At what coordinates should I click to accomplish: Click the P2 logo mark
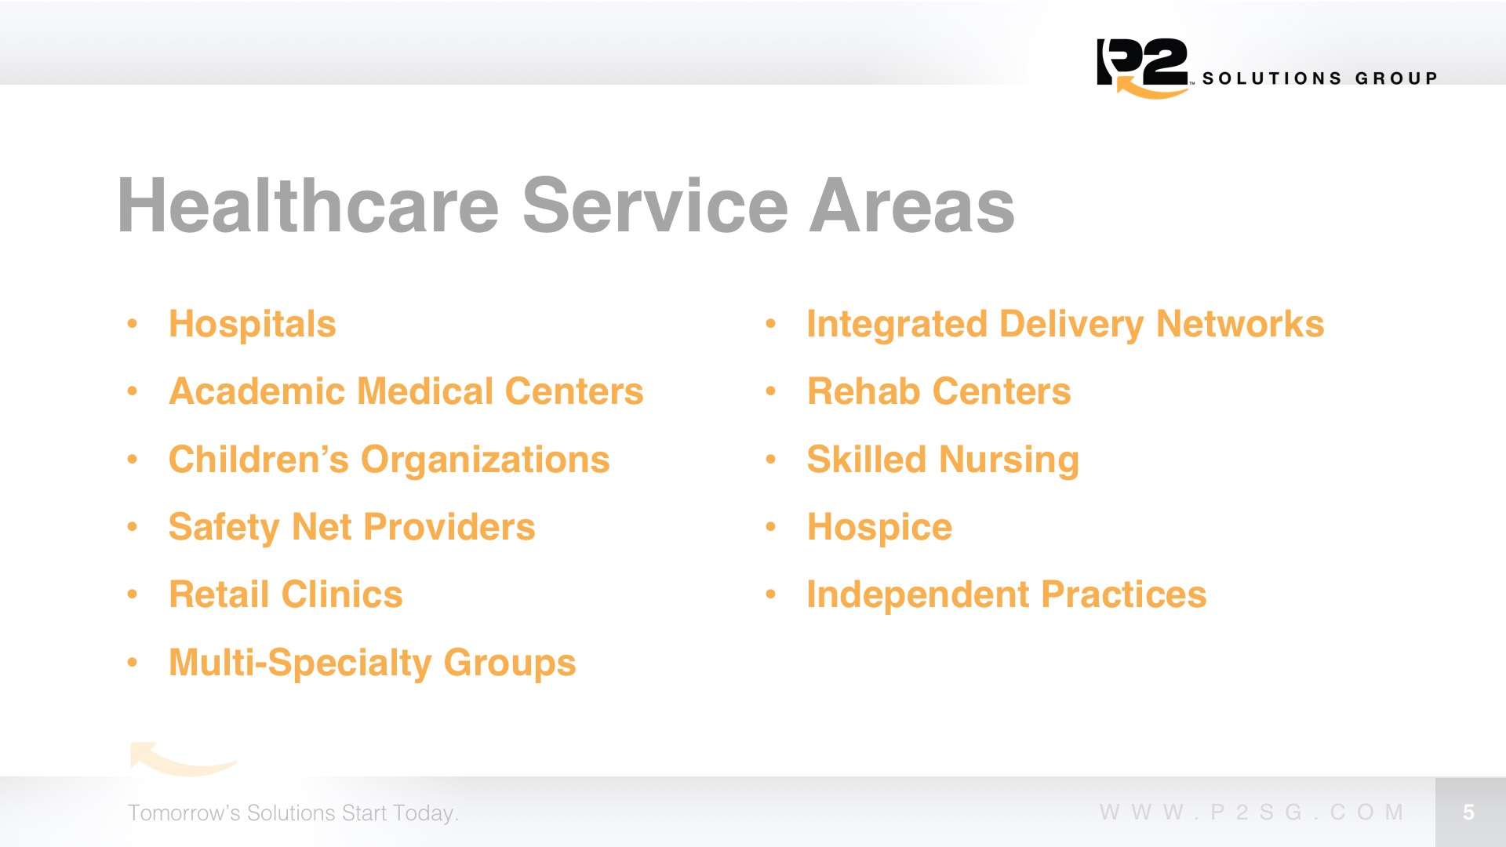1143,67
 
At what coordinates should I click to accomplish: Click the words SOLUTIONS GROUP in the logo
1320,78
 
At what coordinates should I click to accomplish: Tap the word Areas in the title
912,205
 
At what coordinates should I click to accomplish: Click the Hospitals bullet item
253,324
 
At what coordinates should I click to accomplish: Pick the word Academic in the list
257,391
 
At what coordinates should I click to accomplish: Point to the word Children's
259,460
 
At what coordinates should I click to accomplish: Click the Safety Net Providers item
352,527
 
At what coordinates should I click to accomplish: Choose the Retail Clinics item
286,594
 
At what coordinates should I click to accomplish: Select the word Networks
1240,324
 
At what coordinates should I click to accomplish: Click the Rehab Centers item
939,391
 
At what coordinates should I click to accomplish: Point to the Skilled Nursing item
943,460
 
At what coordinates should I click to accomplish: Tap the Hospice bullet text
879,528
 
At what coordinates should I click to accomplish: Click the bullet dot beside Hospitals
133,323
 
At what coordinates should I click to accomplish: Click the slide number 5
1469,812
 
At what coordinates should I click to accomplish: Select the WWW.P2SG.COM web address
1252,812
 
